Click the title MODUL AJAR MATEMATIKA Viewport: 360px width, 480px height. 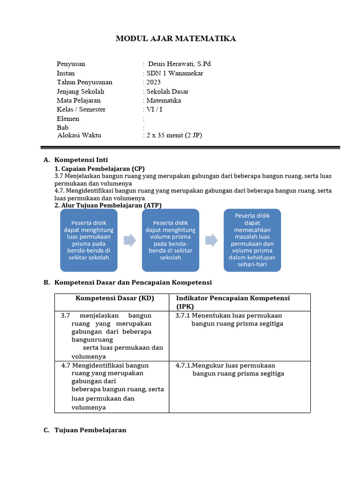coord(176,38)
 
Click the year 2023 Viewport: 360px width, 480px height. coord(153,82)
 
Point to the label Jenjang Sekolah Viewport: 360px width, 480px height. coord(80,91)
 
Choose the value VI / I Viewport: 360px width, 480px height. coord(155,109)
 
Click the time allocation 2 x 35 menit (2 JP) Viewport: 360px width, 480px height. coord(174,135)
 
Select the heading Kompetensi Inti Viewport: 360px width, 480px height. coord(81,160)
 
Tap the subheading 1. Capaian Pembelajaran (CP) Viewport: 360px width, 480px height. coord(100,168)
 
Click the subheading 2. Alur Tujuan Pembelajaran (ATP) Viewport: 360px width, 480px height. coord(108,205)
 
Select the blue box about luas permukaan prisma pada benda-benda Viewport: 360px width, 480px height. coord(89,240)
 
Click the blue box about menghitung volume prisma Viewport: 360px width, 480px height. coord(171,240)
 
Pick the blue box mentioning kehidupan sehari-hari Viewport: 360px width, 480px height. coord(252,240)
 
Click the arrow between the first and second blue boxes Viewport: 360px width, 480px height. coord(129,240)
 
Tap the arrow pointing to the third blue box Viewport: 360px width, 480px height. coord(211,240)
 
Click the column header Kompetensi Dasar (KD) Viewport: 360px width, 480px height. coord(115,298)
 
